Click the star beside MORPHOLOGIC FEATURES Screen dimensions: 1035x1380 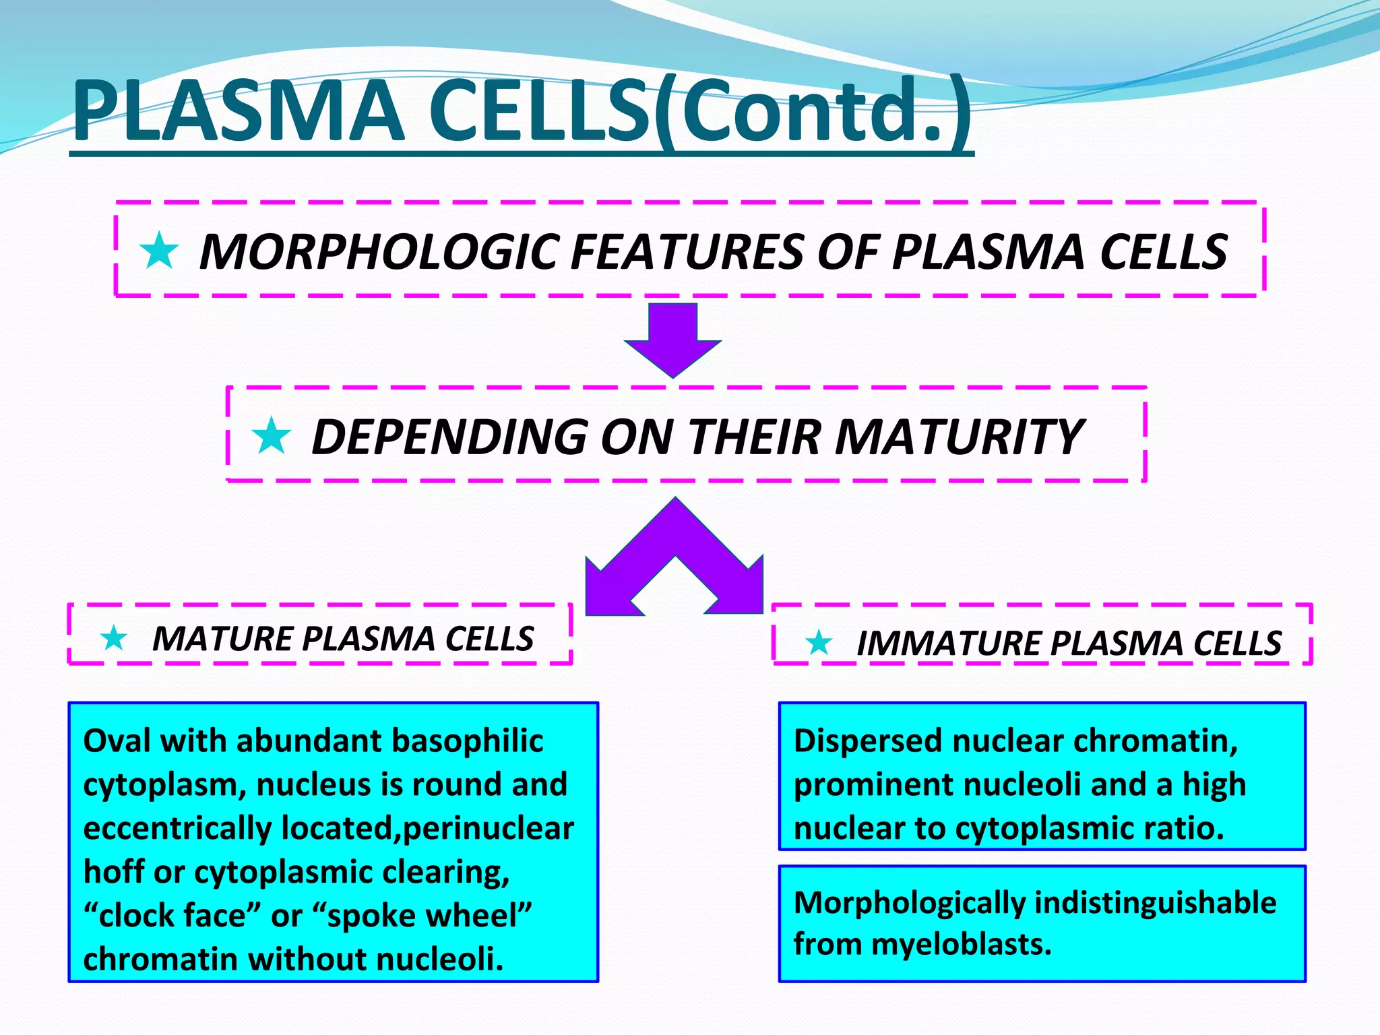point(159,251)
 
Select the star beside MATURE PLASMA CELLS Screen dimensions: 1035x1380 point(114,637)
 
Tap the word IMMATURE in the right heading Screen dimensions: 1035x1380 point(947,643)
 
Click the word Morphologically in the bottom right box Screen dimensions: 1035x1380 point(909,902)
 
